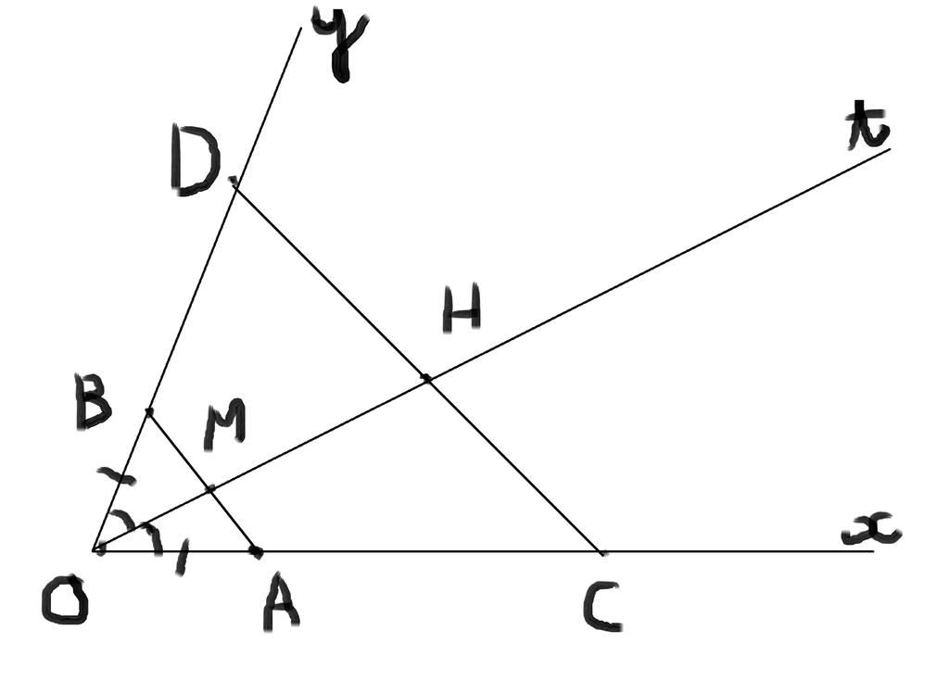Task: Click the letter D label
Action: [194, 164]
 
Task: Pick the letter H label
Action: [461, 311]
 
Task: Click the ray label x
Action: [871, 531]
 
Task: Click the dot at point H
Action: [426, 378]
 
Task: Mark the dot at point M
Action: [210, 488]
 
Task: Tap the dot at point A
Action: [257, 552]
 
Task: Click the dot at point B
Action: [149, 411]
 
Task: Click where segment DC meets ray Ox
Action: [602, 552]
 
